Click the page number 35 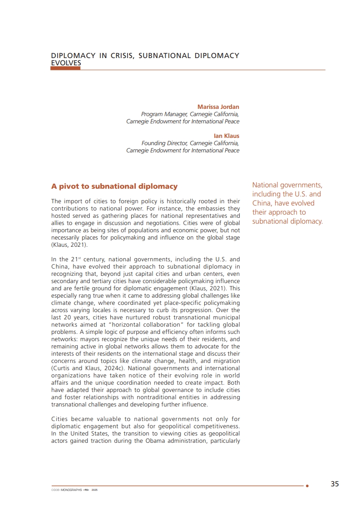pyautogui.click(x=335, y=484)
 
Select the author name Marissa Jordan pyautogui.click(x=218, y=107)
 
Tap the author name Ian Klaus pyautogui.click(x=227, y=136)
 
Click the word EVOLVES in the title pyautogui.click(x=66, y=63)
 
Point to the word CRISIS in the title pyautogui.click(x=119, y=56)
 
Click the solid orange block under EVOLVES pyautogui.click(x=66, y=69)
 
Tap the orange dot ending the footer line pyautogui.click(x=307, y=486)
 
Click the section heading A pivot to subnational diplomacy pyautogui.click(x=114, y=186)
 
